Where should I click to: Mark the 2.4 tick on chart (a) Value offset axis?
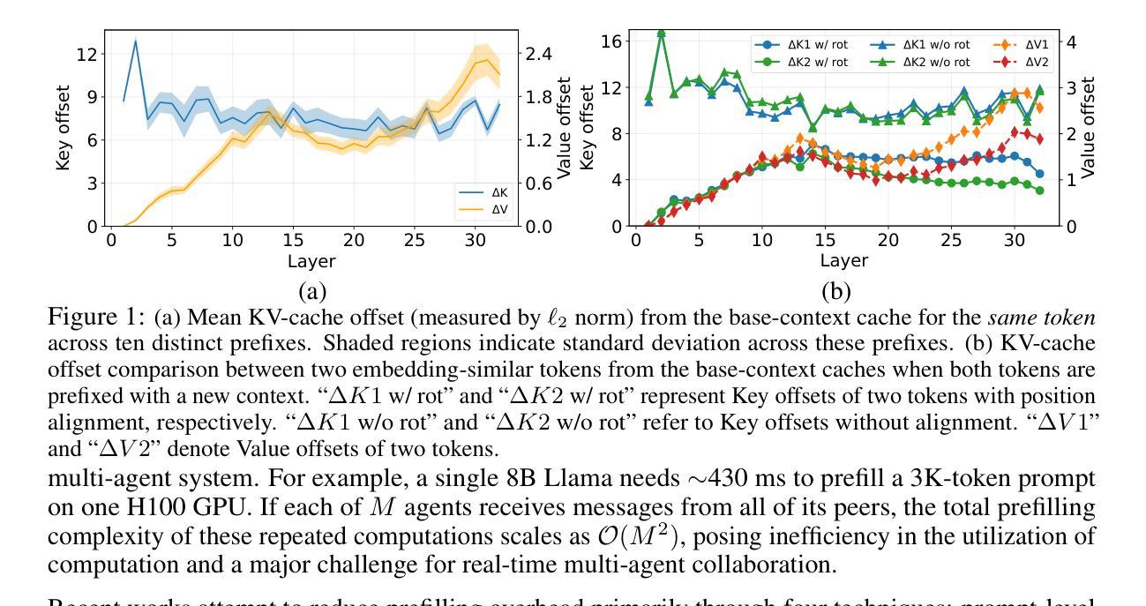(x=538, y=54)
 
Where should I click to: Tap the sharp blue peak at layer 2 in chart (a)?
(x=135, y=41)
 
